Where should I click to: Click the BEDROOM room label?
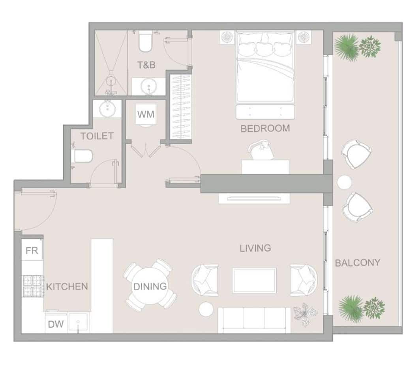(x=265, y=129)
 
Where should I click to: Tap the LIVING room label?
(x=255, y=248)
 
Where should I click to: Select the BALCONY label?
(x=358, y=263)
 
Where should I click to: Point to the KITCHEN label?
(x=67, y=286)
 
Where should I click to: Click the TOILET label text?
(x=97, y=136)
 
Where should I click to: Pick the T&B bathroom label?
(x=146, y=65)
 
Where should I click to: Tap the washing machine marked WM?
(x=146, y=115)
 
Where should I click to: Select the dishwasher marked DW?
(x=56, y=324)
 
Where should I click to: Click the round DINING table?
(x=150, y=286)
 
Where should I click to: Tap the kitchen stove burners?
(x=32, y=286)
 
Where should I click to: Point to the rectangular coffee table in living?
(x=254, y=281)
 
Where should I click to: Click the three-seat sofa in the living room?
(x=254, y=320)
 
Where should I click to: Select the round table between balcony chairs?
(x=344, y=182)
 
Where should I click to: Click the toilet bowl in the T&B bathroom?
(x=145, y=41)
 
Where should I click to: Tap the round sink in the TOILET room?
(x=107, y=109)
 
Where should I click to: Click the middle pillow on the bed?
(x=265, y=48)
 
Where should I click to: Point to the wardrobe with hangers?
(x=181, y=107)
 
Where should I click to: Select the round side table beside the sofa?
(x=206, y=309)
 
